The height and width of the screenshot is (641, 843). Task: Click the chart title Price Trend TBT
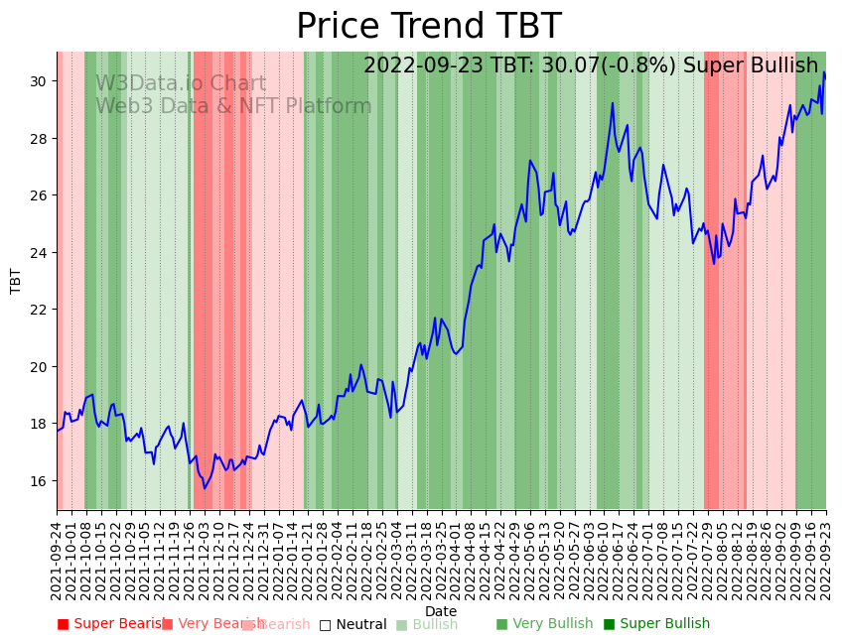pyautogui.click(x=428, y=27)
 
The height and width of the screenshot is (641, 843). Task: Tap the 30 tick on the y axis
pyautogui.click(x=39, y=80)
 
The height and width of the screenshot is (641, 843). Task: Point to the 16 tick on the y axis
pyautogui.click(x=39, y=481)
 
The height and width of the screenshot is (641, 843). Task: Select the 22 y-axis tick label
pyautogui.click(x=39, y=310)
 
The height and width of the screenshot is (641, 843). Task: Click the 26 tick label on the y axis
pyautogui.click(x=39, y=195)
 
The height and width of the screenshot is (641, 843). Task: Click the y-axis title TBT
pyautogui.click(x=16, y=281)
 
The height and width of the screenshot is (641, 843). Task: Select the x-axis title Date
pyautogui.click(x=441, y=611)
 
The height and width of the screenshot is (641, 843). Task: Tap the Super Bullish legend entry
pyautogui.click(x=656, y=624)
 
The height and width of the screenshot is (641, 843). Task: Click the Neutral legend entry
pyautogui.click(x=352, y=624)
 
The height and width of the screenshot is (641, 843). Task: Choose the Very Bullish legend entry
pyautogui.click(x=544, y=624)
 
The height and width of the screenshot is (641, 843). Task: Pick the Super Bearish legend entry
pyautogui.click(x=111, y=624)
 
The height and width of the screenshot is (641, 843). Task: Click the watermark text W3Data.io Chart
pyautogui.click(x=181, y=84)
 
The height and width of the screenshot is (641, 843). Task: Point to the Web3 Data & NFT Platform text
pyautogui.click(x=233, y=107)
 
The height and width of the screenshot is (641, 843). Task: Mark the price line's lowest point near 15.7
pyautogui.click(x=205, y=488)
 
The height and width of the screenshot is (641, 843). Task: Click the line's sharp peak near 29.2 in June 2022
pyautogui.click(x=613, y=103)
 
